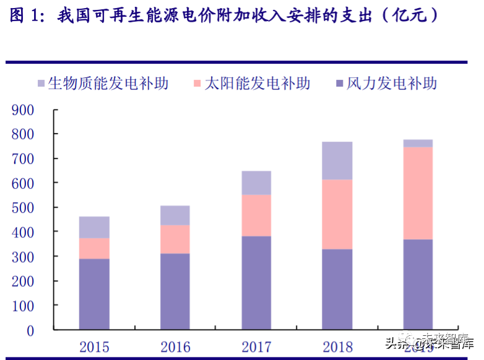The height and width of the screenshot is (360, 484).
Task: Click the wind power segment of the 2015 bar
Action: [94, 294]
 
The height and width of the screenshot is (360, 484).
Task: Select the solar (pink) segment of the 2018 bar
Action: [337, 215]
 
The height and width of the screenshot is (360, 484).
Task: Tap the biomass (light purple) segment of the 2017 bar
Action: [256, 183]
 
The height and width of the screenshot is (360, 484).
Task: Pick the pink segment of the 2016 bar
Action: [175, 239]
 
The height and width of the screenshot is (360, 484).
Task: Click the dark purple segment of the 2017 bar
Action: [256, 282]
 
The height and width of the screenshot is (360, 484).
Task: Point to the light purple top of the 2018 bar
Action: [337, 161]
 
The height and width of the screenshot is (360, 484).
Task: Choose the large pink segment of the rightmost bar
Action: [418, 193]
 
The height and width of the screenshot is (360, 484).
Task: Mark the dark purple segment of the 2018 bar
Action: [337, 289]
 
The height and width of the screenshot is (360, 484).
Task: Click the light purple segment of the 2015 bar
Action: [94, 228]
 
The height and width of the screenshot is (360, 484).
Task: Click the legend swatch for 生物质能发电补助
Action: [41, 84]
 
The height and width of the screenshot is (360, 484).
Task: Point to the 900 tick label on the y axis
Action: [22, 110]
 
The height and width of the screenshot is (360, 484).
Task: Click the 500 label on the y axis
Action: [22, 207]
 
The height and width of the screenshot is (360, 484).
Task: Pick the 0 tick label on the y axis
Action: [30, 330]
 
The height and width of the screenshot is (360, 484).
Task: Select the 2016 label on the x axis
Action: [175, 346]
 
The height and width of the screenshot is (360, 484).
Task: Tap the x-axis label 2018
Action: [337, 346]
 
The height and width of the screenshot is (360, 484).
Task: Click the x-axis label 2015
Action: [94, 346]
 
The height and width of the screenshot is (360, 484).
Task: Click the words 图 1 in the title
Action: [24, 15]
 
